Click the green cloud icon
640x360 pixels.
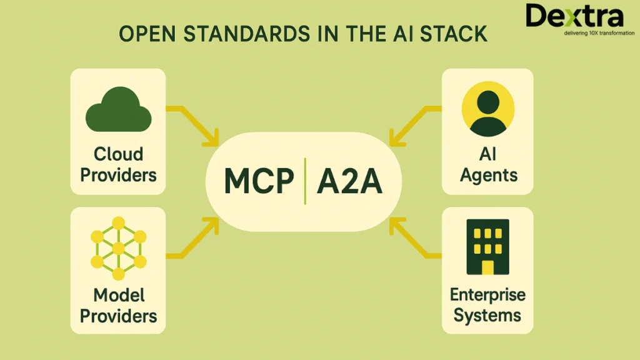118,111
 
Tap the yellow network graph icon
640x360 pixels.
118,249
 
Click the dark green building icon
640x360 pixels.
487,247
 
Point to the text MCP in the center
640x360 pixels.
259,181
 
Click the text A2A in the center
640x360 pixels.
349,181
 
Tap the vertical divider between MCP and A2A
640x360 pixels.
304,181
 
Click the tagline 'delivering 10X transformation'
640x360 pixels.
599,32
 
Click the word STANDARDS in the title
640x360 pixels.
237,34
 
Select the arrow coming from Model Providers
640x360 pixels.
194,241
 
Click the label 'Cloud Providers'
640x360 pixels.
118,164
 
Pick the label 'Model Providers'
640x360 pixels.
118,305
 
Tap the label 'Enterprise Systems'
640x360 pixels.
488,305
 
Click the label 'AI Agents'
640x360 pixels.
488,164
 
